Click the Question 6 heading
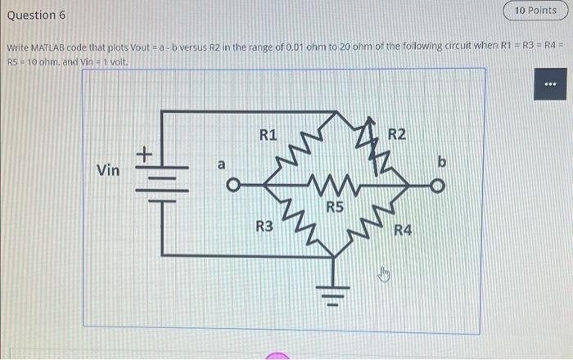point(37,16)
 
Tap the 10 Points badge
point(536,11)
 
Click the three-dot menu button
point(549,84)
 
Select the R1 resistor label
point(268,133)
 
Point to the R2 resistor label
point(397,133)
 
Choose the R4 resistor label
point(403,232)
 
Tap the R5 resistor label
point(335,208)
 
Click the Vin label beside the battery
point(108,170)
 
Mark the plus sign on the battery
point(144,153)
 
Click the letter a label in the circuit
point(220,164)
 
